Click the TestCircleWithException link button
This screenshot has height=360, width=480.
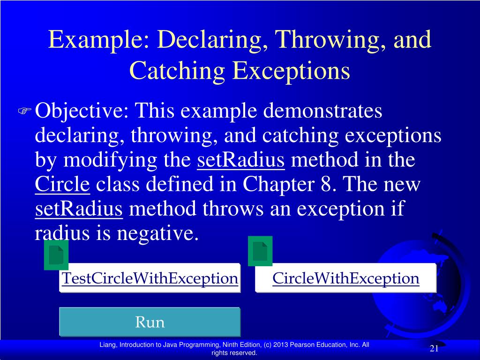(x=150, y=278)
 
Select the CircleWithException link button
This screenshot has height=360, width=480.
(x=345, y=278)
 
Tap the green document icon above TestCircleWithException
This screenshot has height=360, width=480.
(x=56, y=255)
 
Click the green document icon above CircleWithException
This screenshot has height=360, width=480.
(x=260, y=251)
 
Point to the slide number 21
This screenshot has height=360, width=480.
(x=434, y=348)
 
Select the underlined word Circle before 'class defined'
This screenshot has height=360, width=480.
(x=62, y=185)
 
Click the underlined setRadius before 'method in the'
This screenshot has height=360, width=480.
(x=241, y=160)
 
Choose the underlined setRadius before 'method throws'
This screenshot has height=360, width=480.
(x=79, y=209)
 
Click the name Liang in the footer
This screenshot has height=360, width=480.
(x=108, y=345)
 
